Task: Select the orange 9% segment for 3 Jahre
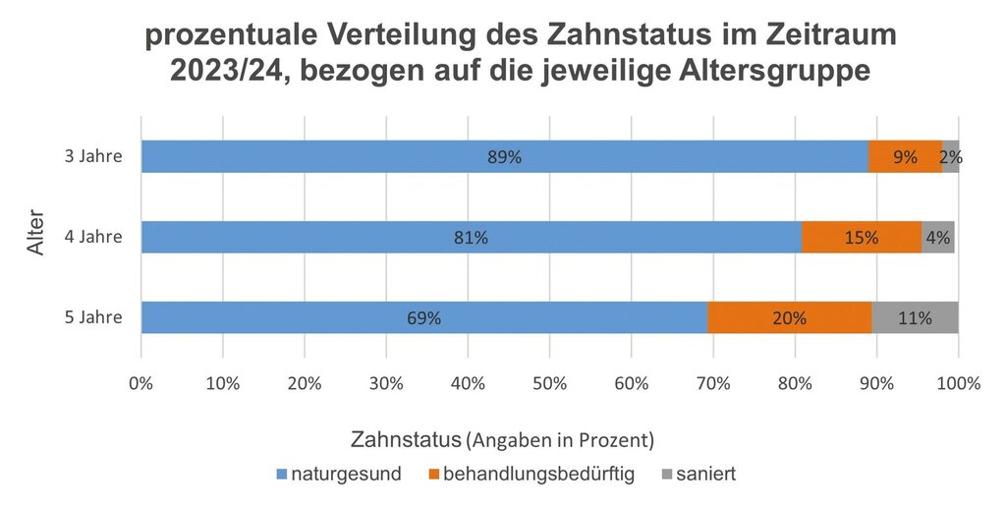pos(905,156)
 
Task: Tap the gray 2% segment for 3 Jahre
pos(951,156)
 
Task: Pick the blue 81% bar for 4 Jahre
pos(472,237)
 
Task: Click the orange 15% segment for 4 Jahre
pos(862,237)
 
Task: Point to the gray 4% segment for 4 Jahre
pos(938,237)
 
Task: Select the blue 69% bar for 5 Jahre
pos(424,317)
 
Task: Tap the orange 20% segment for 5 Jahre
pos(790,317)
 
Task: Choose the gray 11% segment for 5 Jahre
pos(915,317)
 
